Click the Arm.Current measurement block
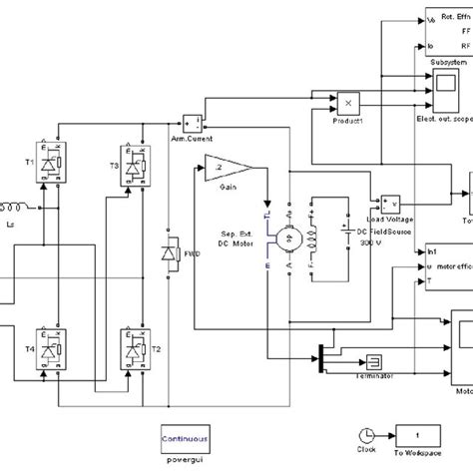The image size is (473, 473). pyautogui.click(x=194, y=123)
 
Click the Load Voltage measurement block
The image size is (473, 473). pyautogui.click(x=389, y=205)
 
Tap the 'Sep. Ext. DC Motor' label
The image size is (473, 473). pyautogui.click(x=236, y=244)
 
